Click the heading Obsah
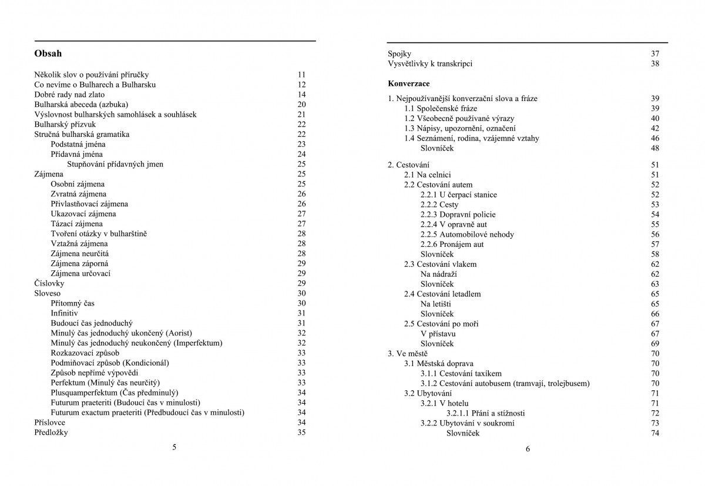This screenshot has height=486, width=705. (48, 53)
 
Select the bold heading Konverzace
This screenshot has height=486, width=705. (409, 83)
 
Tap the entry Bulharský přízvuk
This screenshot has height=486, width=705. (65, 125)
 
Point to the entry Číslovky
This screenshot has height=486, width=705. (49, 283)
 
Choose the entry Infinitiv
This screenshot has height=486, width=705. (64, 313)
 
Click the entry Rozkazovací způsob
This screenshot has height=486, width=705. (85, 353)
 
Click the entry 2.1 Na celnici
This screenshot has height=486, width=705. (428, 175)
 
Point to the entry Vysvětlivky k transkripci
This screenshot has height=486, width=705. (430, 63)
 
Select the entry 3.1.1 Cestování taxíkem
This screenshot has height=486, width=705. (461, 373)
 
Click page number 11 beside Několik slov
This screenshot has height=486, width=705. (302, 75)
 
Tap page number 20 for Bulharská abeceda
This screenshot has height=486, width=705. (302, 105)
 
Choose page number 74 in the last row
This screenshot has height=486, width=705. (655, 433)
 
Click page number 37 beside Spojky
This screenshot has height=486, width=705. (655, 53)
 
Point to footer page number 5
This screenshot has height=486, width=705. (174, 447)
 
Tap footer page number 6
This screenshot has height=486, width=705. (528, 450)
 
